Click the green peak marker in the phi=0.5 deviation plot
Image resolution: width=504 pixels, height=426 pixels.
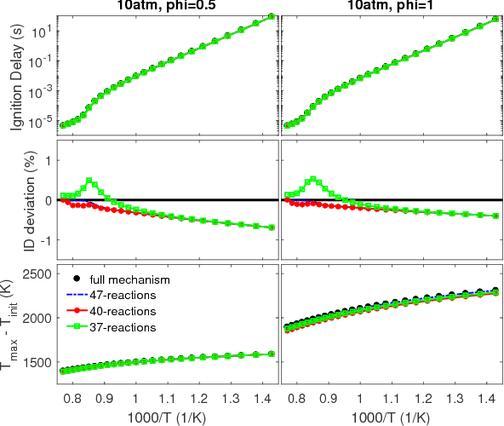pos(89,181)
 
